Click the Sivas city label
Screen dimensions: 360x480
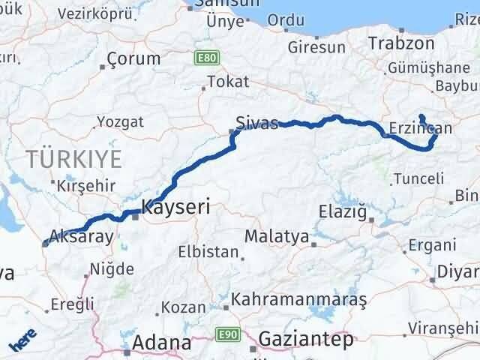pos(256,122)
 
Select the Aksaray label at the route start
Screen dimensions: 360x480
pos(82,237)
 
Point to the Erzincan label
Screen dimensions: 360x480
pos(421,128)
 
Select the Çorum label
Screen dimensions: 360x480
pos(133,58)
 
